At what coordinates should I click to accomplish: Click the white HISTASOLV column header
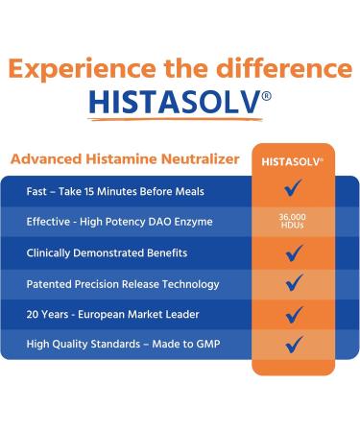point(293,161)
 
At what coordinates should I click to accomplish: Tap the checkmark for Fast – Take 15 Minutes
point(293,190)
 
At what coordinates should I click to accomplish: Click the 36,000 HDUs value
point(293,221)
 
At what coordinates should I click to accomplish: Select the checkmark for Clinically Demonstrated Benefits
point(293,252)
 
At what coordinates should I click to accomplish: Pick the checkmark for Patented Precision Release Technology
point(293,283)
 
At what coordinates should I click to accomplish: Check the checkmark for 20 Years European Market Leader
point(293,314)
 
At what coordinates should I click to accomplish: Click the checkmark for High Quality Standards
point(293,344)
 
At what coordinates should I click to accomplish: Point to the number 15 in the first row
point(93,191)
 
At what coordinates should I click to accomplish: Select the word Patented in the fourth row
point(49,283)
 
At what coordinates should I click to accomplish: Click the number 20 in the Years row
point(34,314)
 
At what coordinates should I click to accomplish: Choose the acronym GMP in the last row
point(206,344)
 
